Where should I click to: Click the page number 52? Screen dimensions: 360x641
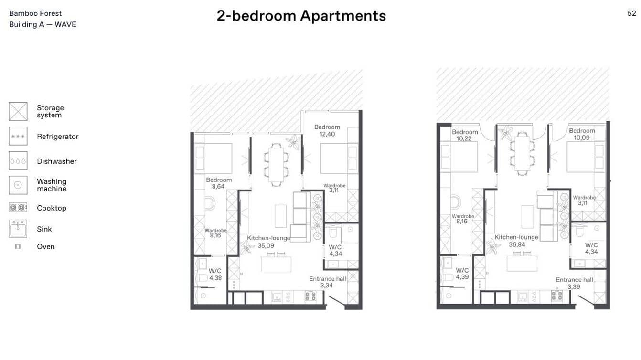pos(631,13)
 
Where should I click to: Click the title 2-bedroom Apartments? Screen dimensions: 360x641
pos(301,16)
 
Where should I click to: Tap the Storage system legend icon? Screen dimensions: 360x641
pos(18,111)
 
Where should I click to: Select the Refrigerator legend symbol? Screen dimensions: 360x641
pos(18,137)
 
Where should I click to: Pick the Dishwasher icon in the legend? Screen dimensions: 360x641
pos(18,161)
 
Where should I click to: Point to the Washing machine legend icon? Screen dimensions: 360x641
pos(18,185)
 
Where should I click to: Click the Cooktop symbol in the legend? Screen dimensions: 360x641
pos(18,208)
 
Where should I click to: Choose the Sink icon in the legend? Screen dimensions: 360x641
pos(18,229)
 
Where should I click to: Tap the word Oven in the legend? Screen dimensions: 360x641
pos(46,246)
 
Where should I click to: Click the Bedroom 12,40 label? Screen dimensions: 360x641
pos(327,131)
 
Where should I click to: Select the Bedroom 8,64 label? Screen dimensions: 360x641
pos(219,183)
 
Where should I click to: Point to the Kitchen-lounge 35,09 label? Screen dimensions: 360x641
pos(268,242)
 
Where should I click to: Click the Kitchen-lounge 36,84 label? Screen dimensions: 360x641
pos(516,241)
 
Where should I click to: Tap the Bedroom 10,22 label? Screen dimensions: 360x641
pos(465,135)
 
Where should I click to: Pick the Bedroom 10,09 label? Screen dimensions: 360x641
pos(582,134)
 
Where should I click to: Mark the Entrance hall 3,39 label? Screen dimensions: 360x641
pos(574,283)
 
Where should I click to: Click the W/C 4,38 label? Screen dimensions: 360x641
pos(215,275)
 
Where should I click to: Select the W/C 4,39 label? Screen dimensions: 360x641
pos(462,274)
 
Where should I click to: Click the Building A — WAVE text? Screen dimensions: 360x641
pos(43,24)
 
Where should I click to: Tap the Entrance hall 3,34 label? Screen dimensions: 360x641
pos(327,282)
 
